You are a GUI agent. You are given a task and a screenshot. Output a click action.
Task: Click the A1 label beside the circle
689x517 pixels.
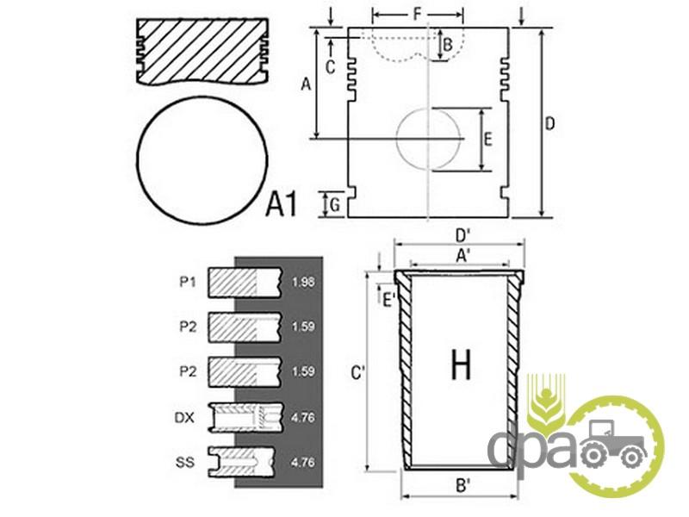(x=282, y=204)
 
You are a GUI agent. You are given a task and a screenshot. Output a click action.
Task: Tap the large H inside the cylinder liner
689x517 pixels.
(x=461, y=364)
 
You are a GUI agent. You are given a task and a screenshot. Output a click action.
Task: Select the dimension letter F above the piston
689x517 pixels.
(x=418, y=15)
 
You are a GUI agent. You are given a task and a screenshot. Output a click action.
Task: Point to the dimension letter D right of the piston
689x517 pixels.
(x=549, y=124)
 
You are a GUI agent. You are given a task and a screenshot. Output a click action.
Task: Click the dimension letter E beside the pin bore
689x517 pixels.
(x=487, y=140)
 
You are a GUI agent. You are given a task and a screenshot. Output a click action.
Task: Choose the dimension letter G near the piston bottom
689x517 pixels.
(x=335, y=205)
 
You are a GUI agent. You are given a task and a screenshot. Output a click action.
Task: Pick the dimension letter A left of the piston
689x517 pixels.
(x=306, y=84)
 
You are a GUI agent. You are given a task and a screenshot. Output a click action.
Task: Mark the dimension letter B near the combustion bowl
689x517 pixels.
(x=447, y=45)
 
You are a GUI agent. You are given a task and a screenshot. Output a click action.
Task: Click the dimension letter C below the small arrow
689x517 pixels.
(x=331, y=67)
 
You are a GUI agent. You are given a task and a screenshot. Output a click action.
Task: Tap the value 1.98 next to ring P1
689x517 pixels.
(x=303, y=282)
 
